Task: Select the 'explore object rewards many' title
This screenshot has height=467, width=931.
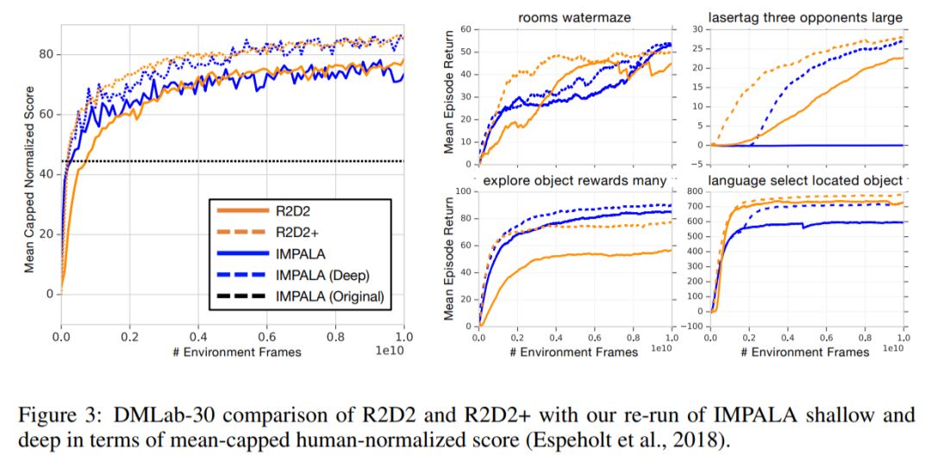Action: click(574, 181)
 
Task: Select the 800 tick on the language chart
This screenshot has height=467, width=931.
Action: click(696, 191)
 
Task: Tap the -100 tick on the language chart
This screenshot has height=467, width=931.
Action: click(692, 327)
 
